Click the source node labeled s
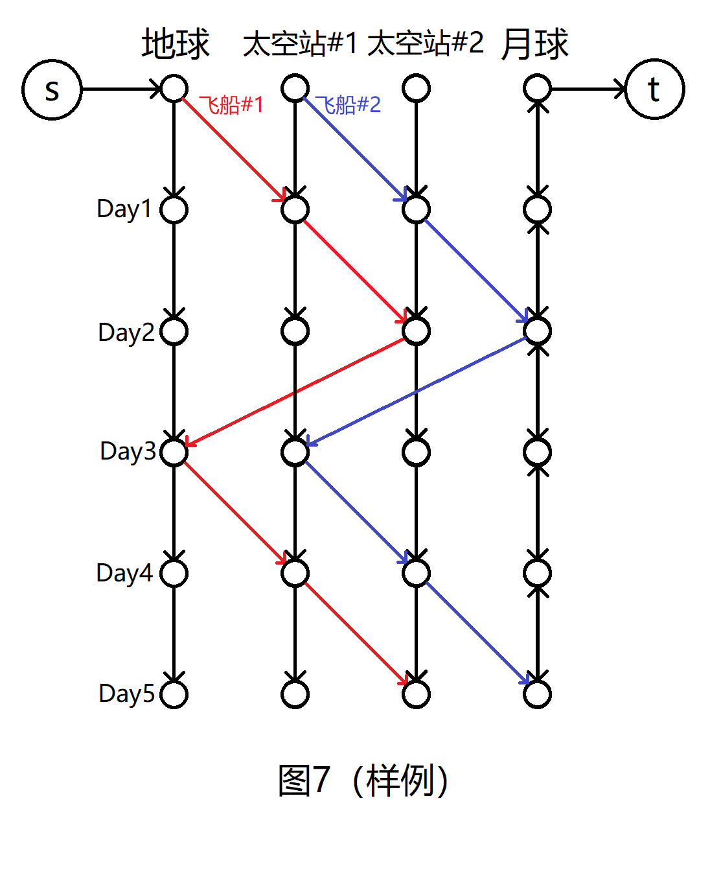click(52, 89)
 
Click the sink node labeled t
click(654, 89)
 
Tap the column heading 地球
click(176, 44)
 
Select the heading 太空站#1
click(300, 44)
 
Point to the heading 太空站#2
click(426, 44)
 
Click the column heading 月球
click(534, 44)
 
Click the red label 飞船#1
click(231, 105)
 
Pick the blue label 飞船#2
click(348, 105)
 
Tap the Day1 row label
click(124, 209)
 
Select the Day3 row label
click(128, 451)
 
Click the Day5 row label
click(127, 694)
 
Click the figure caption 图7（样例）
click(363, 780)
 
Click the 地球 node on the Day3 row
click(174, 452)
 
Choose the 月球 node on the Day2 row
click(537, 331)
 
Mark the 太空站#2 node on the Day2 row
click(416, 331)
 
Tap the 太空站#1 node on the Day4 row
click(295, 573)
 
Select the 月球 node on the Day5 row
click(537, 694)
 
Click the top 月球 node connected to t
click(537, 88)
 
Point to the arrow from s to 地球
click(120, 89)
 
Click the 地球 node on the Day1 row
click(174, 209)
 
